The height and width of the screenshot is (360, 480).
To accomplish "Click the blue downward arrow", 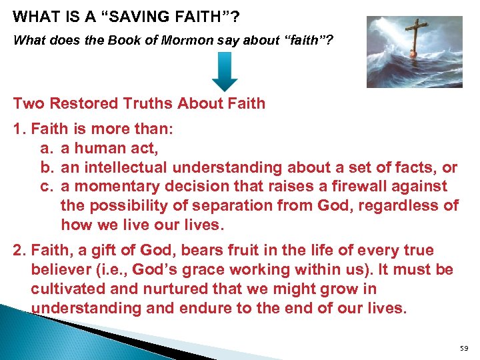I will click(x=225, y=71).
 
